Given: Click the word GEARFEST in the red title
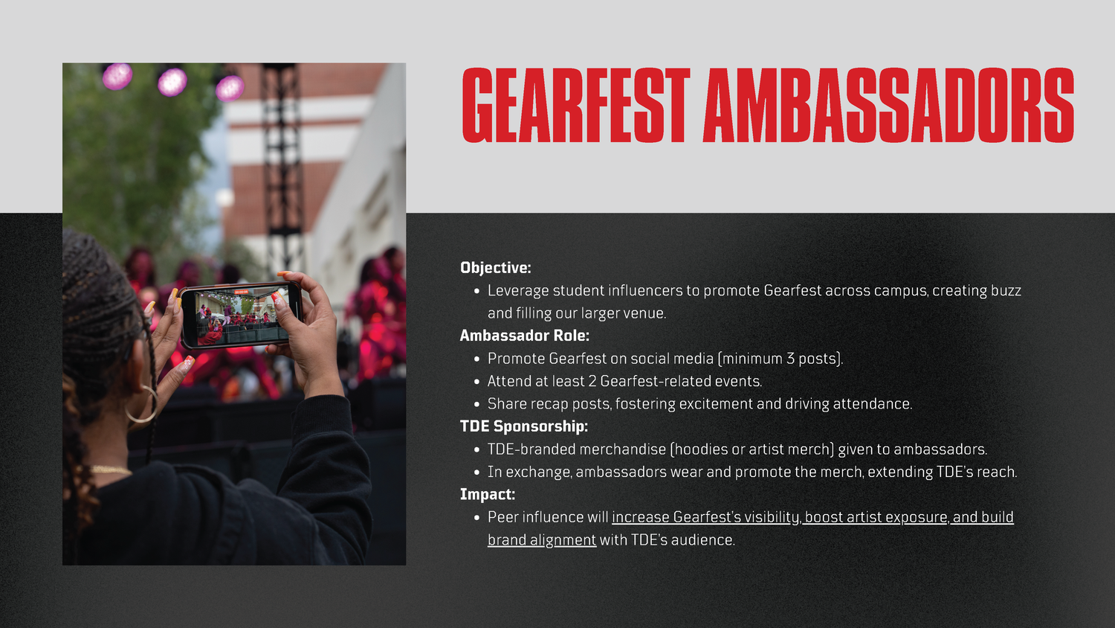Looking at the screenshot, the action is (x=576, y=105).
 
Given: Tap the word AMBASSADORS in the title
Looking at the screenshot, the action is (x=888, y=105).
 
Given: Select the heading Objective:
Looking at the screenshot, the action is (x=495, y=268).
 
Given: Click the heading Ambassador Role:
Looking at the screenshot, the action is (x=524, y=336).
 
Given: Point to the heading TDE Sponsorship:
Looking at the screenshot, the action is (x=523, y=426).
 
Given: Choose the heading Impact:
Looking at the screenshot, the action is (x=488, y=494).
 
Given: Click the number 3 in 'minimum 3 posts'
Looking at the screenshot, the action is (x=790, y=359).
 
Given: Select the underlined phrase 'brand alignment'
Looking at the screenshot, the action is (x=542, y=540).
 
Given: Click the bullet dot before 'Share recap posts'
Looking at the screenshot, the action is (x=477, y=404).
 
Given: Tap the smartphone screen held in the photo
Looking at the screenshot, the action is (x=241, y=315).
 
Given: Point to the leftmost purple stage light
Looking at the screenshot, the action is (x=117, y=76).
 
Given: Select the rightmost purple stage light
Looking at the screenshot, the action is (x=230, y=89).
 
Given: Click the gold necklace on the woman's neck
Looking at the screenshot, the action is (x=111, y=470).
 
